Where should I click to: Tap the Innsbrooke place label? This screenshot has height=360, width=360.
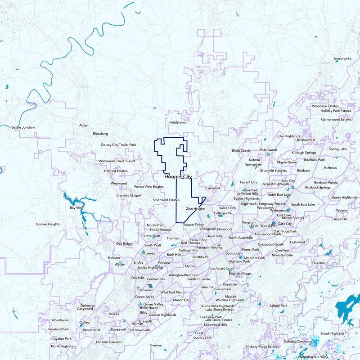point(342,58)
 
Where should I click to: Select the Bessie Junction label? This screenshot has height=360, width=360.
point(23,127)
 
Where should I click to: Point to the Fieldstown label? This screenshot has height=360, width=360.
point(177,122)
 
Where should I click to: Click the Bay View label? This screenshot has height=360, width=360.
point(76,208)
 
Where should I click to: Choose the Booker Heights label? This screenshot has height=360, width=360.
point(48,224)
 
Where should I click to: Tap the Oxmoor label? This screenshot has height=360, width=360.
point(156,345)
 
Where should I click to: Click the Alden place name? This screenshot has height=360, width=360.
point(84,126)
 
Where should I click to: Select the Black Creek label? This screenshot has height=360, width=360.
point(241,151)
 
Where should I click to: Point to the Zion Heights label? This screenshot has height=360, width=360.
point(196,209)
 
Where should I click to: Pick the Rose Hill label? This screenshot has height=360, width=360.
point(341,219)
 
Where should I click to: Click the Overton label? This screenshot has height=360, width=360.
point(319,263)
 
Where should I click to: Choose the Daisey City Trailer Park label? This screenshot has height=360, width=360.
point(118,145)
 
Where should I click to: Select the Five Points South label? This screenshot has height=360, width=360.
point(221,269)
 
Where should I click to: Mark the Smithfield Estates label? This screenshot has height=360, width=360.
point(166,200)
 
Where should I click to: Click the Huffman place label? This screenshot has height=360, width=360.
point(330,168)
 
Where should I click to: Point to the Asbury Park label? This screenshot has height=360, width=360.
point(278,306)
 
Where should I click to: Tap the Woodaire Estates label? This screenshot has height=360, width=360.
point(325,106)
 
